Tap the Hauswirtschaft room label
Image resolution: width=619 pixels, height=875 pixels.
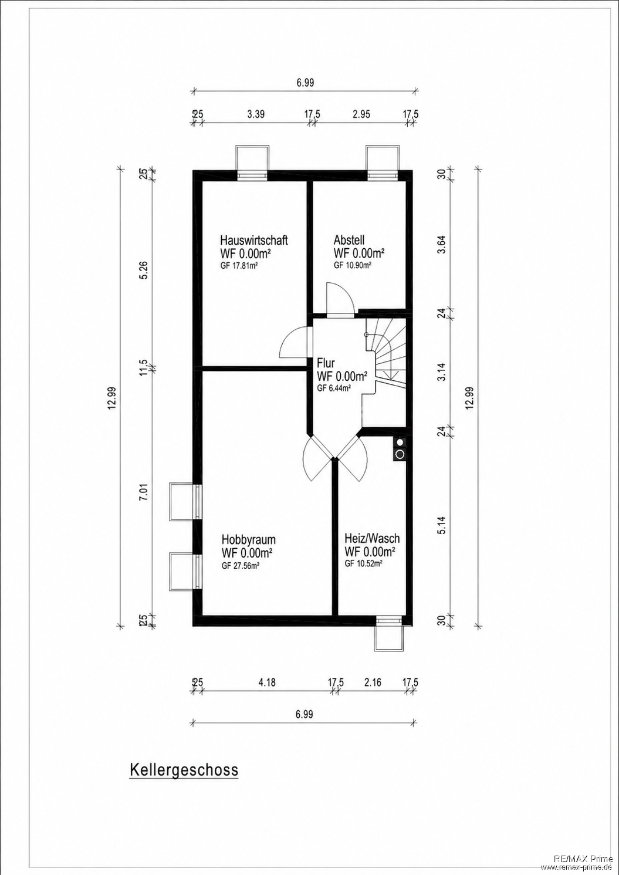click(254, 240)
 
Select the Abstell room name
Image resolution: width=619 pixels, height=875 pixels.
click(349, 239)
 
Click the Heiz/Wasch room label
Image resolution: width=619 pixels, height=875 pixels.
click(372, 539)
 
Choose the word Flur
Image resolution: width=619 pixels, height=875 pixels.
click(326, 363)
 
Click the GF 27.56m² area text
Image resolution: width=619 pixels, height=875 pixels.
click(241, 566)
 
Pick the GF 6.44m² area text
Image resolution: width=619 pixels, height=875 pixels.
click(333, 388)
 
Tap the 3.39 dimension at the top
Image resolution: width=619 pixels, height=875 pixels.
click(256, 114)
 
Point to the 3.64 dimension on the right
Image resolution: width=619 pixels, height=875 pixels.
click(442, 245)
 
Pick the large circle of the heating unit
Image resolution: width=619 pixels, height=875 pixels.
click(400, 454)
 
